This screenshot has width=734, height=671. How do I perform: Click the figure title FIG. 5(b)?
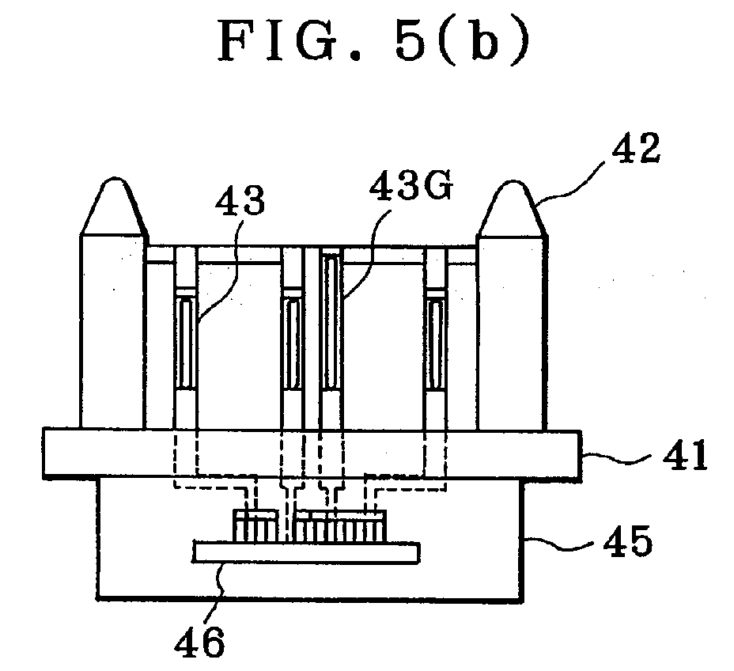point(374,42)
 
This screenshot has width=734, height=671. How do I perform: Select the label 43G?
point(411,186)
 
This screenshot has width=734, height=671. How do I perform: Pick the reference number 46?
point(200,641)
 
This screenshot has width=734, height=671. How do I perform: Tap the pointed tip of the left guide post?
point(115,179)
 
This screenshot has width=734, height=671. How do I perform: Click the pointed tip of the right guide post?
point(512,182)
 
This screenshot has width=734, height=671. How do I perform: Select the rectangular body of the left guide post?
point(112,331)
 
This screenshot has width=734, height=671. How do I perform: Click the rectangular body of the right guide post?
point(512,332)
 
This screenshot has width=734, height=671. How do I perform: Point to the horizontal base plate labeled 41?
point(312,453)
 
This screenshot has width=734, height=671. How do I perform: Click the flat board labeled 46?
point(307,552)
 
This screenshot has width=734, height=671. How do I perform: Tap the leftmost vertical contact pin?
point(186,337)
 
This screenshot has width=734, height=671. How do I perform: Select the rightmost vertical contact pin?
point(436,337)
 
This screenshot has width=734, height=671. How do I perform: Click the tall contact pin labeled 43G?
point(331,337)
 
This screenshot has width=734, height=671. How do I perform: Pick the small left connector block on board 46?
point(255,526)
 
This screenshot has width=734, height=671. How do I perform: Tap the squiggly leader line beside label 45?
point(562,542)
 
